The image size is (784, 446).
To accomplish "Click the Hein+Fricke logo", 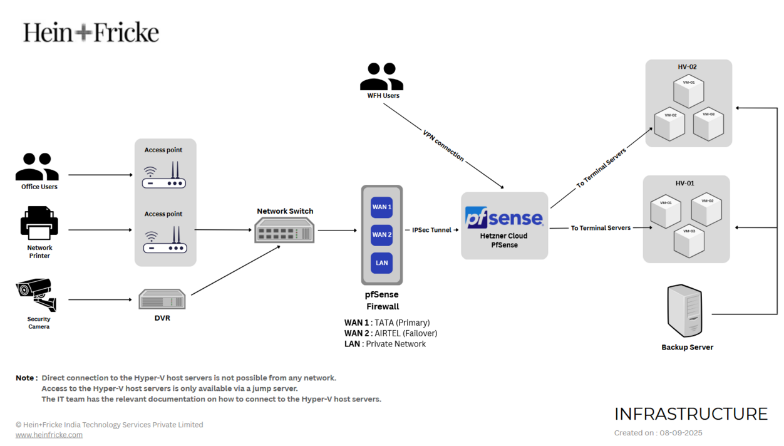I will (91, 32).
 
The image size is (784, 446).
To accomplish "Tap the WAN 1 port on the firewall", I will (381, 207).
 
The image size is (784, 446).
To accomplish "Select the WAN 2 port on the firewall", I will (381, 235).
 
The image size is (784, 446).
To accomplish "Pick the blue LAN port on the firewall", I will (381, 263).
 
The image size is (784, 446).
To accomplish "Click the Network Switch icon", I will (284, 232).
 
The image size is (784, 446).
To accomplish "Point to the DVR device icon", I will (162, 299).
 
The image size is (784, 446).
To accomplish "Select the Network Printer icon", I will (39, 224).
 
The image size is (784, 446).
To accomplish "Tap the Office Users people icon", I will (37, 167).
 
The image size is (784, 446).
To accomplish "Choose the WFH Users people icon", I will (381, 77).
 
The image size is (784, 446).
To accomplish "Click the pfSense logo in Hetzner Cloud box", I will (504, 217).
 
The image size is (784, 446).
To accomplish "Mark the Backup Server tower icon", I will (684, 311).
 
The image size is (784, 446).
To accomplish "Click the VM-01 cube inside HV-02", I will (689, 91).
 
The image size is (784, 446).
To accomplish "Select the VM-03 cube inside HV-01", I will (689, 240).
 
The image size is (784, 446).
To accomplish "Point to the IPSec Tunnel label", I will (432, 230).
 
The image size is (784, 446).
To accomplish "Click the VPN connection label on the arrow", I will (443, 146).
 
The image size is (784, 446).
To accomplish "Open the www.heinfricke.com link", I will (49, 435).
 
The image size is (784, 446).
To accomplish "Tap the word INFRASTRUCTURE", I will (691, 414).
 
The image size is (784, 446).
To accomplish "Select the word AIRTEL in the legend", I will (389, 333).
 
